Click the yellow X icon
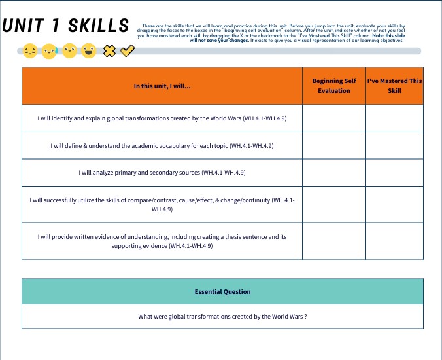pyautogui.click(x=110, y=50)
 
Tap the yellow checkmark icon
pyautogui.click(x=127, y=50)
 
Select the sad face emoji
pyautogui.click(x=30, y=50)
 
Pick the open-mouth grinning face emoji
pyautogui.click(x=89, y=50)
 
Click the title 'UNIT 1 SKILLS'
pyautogui.click(x=65, y=26)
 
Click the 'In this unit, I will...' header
pyautogui.click(x=162, y=86)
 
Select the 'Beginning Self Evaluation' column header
pyautogui.click(x=334, y=86)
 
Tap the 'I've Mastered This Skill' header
pyautogui.click(x=394, y=86)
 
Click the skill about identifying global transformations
pyautogui.click(x=162, y=118)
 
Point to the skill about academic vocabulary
pyautogui.click(x=162, y=145)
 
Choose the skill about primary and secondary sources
pyautogui.click(x=162, y=173)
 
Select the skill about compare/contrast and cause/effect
pyautogui.click(x=162, y=204)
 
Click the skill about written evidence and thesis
pyautogui.click(x=162, y=241)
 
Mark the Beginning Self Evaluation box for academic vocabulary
pyautogui.click(x=334, y=145)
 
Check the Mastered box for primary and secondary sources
pyautogui.click(x=394, y=173)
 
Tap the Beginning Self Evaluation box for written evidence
pyautogui.click(x=334, y=241)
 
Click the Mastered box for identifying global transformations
pyautogui.click(x=394, y=118)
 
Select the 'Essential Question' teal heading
pyautogui.click(x=222, y=291)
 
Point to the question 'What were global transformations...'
pyautogui.click(x=222, y=317)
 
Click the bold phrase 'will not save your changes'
pyautogui.click(x=220, y=41)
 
